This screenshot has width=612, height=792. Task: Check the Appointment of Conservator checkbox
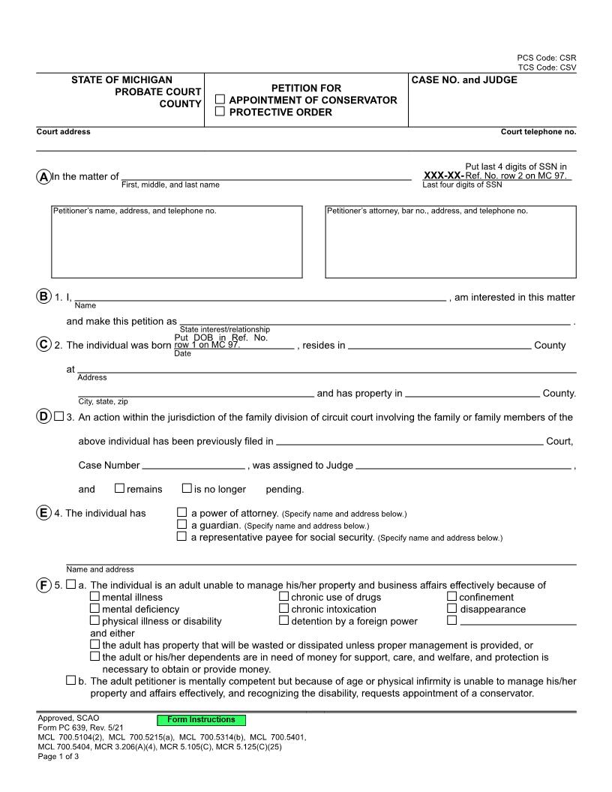click(x=220, y=100)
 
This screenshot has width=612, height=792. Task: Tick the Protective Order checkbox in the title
click(x=220, y=112)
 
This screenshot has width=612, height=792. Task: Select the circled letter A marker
click(x=43, y=176)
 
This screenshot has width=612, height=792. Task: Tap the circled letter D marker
click(x=43, y=417)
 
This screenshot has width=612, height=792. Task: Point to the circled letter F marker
click(x=43, y=585)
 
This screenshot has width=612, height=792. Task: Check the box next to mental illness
click(x=94, y=597)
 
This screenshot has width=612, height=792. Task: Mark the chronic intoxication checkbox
click(x=284, y=609)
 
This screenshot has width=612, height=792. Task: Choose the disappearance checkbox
click(x=452, y=609)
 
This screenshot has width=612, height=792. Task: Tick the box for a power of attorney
click(x=181, y=513)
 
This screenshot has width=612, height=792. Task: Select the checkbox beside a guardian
click(x=181, y=525)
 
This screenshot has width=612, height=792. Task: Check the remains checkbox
click(x=119, y=489)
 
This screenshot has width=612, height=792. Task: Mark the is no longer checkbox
click(x=187, y=489)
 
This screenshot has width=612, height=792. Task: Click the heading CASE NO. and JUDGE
click(x=464, y=79)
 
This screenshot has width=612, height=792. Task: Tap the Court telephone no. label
click(x=538, y=132)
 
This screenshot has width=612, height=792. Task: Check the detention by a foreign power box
click(x=284, y=621)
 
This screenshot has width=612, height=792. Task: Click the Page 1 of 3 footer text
click(x=58, y=756)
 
